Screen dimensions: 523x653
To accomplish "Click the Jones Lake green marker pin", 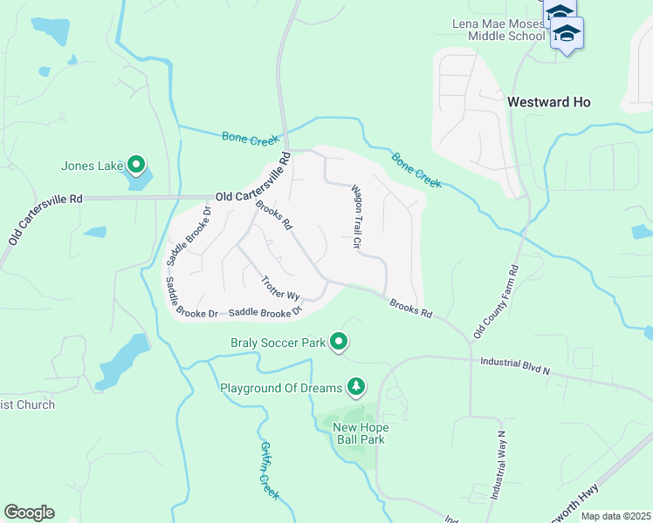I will tap(135, 164).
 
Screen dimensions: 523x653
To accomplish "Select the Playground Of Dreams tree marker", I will tap(355, 385).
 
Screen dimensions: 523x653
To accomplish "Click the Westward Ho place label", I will tap(549, 102).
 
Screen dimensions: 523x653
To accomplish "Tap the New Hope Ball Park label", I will tap(361, 433).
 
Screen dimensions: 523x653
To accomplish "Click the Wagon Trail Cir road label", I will tap(356, 217).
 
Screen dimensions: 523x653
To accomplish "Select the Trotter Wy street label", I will tap(280, 289).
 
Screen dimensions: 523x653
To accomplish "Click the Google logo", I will tap(29, 513).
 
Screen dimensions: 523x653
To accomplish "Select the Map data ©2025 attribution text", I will tap(615, 516).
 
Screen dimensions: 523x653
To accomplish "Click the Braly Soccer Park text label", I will tap(278, 343).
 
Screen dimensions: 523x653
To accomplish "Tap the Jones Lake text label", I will tap(91, 165).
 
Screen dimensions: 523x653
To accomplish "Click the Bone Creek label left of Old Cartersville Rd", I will tap(250, 138).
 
